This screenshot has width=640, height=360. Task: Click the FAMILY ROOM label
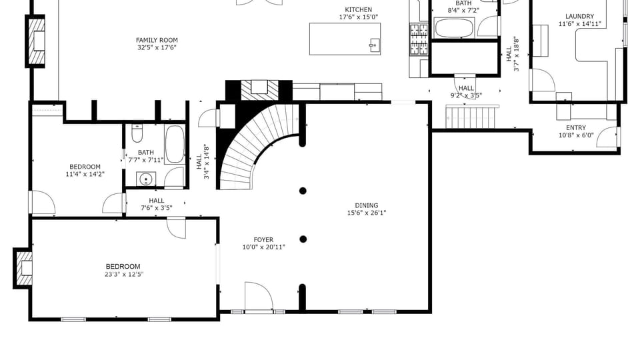[x=157, y=40]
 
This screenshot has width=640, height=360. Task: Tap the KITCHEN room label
[x=359, y=10]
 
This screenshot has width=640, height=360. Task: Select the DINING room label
[x=367, y=205]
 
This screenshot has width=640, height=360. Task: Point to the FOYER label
[x=263, y=239]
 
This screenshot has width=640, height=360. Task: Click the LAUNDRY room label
[x=579, y=16]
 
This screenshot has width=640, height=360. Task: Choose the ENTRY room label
[x=576, y=128]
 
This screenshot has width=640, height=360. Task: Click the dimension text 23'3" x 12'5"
[x=124, y=274]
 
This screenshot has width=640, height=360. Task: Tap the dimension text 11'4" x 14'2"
[x=85, y=174]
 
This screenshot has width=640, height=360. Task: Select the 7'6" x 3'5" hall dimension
[x=156, y=208]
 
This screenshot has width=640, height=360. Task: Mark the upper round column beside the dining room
[x=303, y=191]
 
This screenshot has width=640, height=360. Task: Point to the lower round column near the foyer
[x=303, y=239]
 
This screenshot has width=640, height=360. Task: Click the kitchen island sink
[x=373, y=45]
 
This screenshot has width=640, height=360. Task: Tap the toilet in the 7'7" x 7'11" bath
[x=137, y=133]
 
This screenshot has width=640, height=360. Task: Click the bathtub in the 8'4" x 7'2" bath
[x=454, y=28]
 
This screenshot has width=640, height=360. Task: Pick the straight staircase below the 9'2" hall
[x=472, y=116]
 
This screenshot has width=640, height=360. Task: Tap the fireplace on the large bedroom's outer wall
[x=23, y=268]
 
